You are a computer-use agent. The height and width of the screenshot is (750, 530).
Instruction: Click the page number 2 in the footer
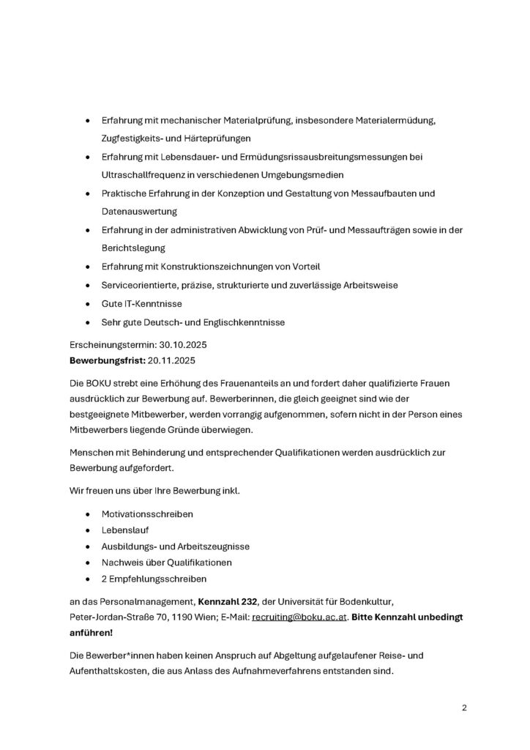pos(464,708)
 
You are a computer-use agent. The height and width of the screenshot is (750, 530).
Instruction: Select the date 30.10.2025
pos(174,344)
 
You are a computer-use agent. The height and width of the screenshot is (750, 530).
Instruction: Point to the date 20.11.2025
pos(172,361)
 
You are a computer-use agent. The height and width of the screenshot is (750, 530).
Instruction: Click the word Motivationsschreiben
pos(147,514)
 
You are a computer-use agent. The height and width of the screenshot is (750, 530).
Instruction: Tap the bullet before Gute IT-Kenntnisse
pos(89,303)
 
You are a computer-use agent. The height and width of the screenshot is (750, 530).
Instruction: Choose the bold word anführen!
pos(91,634)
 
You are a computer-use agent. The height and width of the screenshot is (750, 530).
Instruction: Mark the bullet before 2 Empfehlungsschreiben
pos(89,579)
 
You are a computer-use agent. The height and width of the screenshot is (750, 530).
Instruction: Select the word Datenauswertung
pos(139,211)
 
